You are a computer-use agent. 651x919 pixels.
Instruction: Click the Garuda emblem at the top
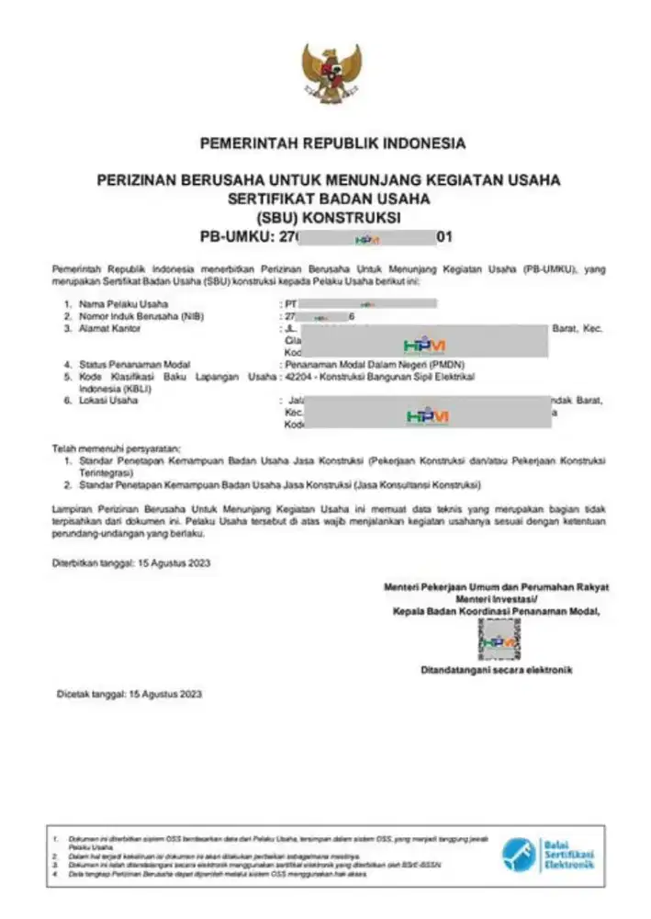(x=332, y=73)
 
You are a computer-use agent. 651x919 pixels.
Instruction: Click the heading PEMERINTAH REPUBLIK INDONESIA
(x=332, y=143)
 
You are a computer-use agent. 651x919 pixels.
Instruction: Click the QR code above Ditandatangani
(x=499, y=640)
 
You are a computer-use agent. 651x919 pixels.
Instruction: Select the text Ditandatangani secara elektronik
(x=497, y=671)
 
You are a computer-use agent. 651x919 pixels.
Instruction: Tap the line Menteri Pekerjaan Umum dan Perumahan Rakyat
(x=497, y=586)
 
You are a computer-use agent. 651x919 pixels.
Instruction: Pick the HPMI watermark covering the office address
(x=425, y=345)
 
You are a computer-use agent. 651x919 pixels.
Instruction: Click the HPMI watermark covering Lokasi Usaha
(x=427, y=416)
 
